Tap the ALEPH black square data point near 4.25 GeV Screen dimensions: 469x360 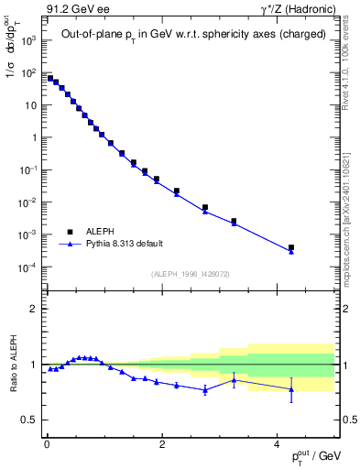(290, 247)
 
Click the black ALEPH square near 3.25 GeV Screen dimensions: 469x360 (234, 221)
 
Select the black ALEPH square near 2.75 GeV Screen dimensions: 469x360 (204, 207)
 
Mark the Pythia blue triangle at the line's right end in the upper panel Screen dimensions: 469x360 (290, 252)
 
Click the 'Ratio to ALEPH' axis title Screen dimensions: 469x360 (15, 365)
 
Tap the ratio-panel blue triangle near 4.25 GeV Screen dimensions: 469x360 (290, 389)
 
